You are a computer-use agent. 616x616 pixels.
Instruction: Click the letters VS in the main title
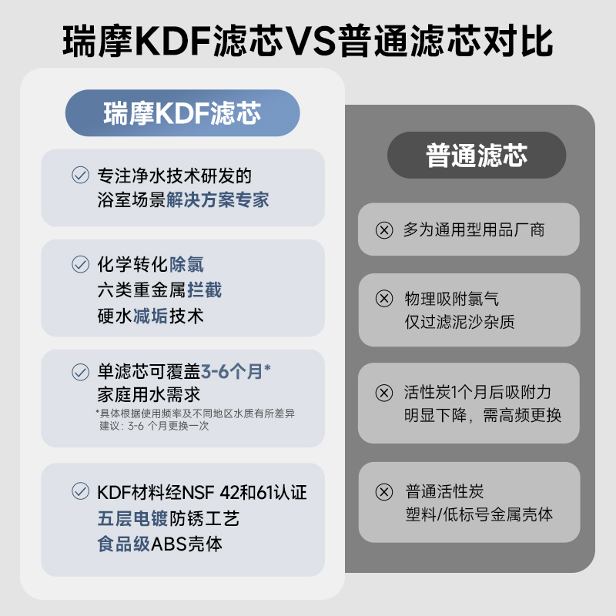click(x=312, y=40)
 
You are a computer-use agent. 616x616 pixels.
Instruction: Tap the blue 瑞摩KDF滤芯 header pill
click(x=182, y=114)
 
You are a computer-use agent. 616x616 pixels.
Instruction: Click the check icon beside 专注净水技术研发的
click(x=80, y=176)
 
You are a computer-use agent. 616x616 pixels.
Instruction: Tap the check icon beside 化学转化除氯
click(x=80, y=265)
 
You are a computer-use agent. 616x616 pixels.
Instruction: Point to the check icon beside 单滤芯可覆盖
click(x=80, y=372)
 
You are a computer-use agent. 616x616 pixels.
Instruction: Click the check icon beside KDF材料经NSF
click(x=80, y=491)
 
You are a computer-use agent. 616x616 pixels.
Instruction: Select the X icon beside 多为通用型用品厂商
click(x=383, y=229)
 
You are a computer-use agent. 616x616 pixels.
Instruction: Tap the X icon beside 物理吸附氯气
click(x=383, y=299)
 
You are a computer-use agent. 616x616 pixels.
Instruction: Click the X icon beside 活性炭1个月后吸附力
click(x=383, y=393)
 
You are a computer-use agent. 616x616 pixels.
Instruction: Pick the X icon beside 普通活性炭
click(x=383, y=491)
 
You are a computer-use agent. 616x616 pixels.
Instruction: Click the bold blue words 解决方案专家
click(x=218, y=200)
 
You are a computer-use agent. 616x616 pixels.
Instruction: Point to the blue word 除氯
click(x=186, y=265)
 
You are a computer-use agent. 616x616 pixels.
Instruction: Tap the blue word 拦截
click(x=204, y=290)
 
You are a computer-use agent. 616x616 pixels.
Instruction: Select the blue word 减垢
click(x=150, y=316)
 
